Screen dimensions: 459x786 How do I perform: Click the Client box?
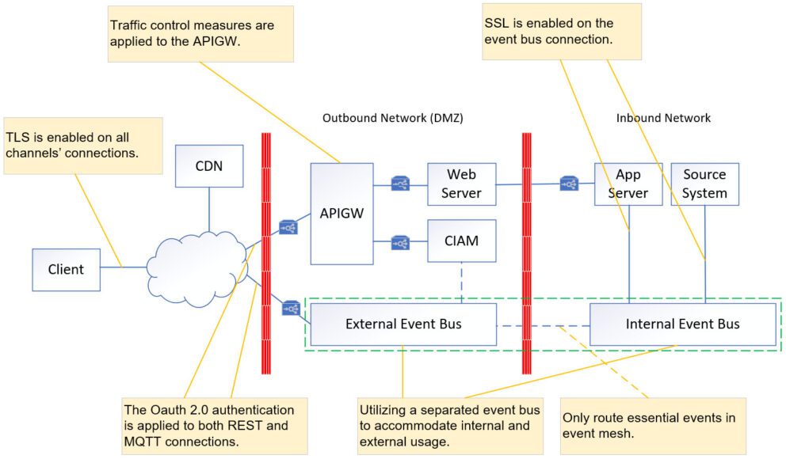click(x=66, y=269)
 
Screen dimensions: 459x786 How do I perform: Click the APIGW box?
click(x=342, y=213)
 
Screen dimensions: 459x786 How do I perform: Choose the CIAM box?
click(x=461, y=241)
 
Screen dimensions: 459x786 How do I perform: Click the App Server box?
click(x=628, y=184)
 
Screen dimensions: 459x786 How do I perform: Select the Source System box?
click(x=704, y=184)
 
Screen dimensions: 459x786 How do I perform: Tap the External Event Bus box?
click(x=403, y=324)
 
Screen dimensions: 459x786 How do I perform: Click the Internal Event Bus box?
click(x=682, y=324)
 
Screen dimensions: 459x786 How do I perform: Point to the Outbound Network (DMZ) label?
click(x=392, y=118)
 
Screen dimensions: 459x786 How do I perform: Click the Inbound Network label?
click(x=663, y=118)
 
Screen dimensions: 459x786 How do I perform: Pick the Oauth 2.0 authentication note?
click(x=213, y=425)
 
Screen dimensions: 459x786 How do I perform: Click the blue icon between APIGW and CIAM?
click(x=400, y=243)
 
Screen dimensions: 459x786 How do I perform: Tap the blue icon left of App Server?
click(x=568, y=184)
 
